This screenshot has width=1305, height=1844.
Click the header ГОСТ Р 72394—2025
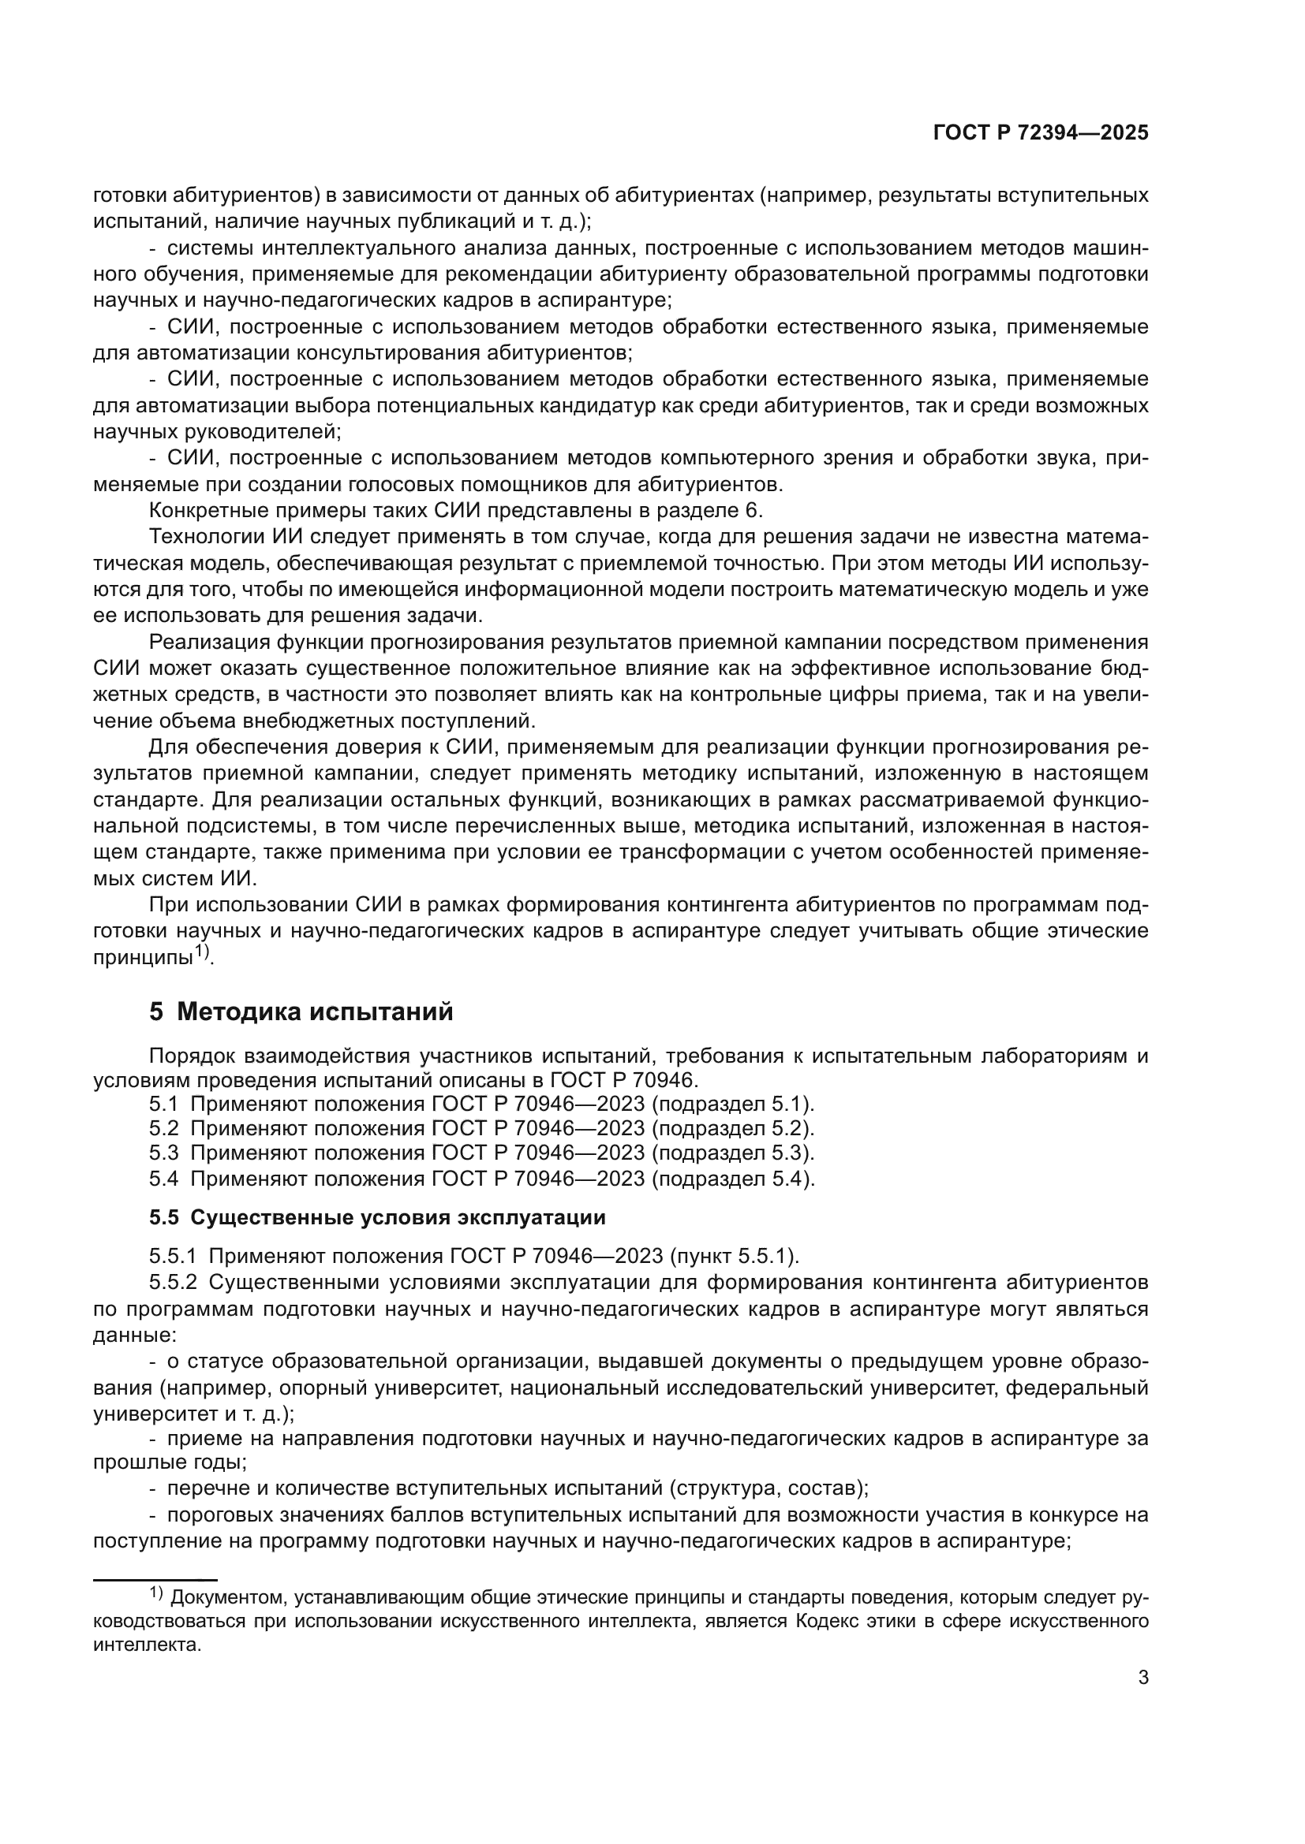(1041, 133)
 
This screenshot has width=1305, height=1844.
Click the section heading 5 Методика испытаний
(301, 1012)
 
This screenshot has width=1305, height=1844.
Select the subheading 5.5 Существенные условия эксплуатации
(377, 1217)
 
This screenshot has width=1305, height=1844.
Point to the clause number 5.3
(163, 1153)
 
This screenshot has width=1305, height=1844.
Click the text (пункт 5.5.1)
(735, 1255)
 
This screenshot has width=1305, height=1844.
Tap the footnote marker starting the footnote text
(156, 1593)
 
